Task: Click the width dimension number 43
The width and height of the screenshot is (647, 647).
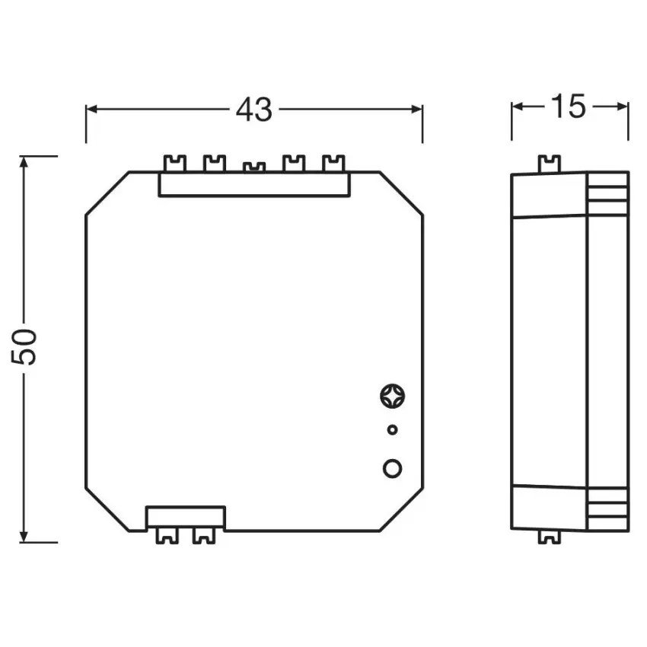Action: pos(253,110)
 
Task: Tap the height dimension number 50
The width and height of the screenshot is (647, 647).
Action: pos(27,346)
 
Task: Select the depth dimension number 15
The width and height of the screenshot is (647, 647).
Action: pos(569,107)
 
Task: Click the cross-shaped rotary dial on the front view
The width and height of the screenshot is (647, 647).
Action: pos(392,397)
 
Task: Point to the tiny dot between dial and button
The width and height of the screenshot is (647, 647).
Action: pos(392,430)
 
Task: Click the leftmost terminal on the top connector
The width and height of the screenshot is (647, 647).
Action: pos(175,164)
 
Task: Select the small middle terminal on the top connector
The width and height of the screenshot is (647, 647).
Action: pos(253,167)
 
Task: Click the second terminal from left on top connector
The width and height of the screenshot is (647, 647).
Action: pos(215,164)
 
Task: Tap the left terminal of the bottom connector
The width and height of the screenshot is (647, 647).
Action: pos(166,537)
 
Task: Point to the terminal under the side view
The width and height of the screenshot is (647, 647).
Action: pos(547,537)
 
